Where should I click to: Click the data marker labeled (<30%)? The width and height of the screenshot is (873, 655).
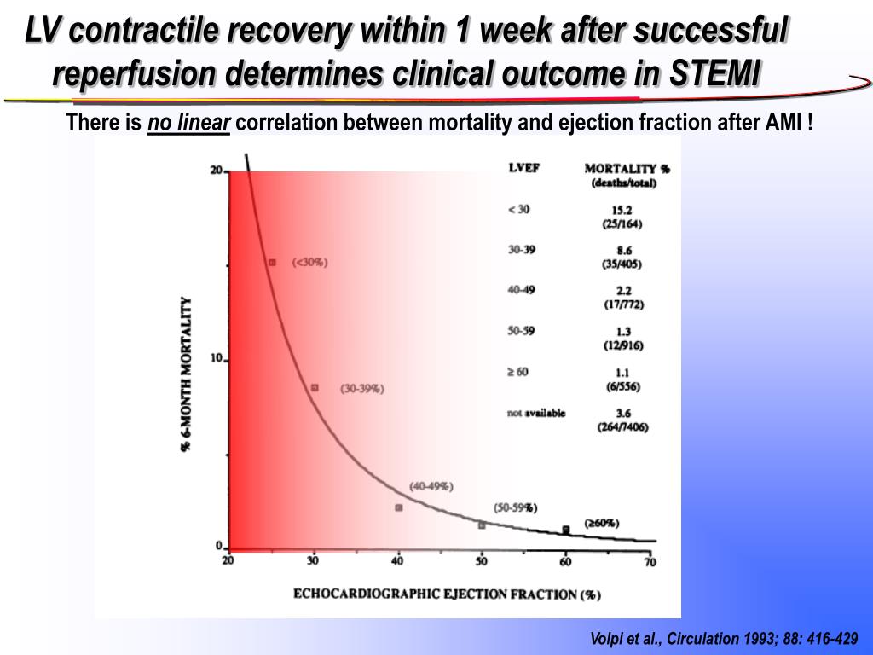pyautogui.click(x=272, y=263)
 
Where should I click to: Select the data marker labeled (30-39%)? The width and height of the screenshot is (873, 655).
pyautogui.click(x=315, y=387)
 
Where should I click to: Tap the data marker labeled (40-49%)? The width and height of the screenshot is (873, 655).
pyautogui.click(x=398, y=507)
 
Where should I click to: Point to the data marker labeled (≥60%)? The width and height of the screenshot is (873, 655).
pyautogui.click(x=565, y=530)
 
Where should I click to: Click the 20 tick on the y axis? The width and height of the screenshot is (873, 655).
pyautogui.click(x=217, y=171)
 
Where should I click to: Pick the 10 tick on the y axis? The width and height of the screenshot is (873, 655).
pyautogui.click(x=217, y=359)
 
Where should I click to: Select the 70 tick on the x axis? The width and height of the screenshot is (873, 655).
pyautogui.click(x=650, y=560)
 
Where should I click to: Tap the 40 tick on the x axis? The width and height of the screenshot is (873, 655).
pyautogui.click(x=398, y=560)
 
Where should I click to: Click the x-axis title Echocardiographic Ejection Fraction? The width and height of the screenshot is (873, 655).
pyautogui.click(x=447, y=593)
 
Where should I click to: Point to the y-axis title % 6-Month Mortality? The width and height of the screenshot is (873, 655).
pyautogui.click(x=186, y=374)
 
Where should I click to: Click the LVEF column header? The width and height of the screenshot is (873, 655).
pyautogui.click(x=523, y=168)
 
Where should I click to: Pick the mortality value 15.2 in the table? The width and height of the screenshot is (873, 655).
pyautogui.click(x=622, y=211)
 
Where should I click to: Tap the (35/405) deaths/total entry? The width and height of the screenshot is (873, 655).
pyautogui.click(x=622, y=264)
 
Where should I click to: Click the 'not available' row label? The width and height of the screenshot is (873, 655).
pyautogui.click(x=536, y=413)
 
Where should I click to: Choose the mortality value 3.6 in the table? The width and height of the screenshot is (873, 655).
pyautogui.click(x=622, y=414)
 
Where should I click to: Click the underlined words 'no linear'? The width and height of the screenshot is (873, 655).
pyautogui.click(x=188, y=125)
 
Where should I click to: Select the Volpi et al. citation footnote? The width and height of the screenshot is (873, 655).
pyautogui.click(x=724, y=639)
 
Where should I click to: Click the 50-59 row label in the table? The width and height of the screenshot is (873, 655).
pyautogui.click(x=522, y=331)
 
